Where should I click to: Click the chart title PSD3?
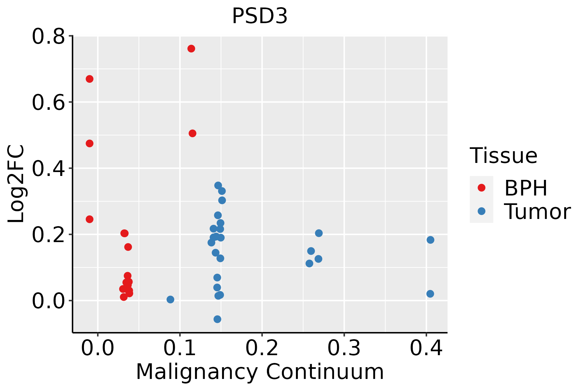pos(260,16)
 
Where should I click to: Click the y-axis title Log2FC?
pos(16,184)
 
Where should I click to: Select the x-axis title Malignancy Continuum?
pos(260,372)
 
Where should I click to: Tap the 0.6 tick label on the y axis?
pos(48,102)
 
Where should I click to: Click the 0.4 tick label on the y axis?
pos(48,168)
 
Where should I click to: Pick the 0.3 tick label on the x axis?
pos(344,348)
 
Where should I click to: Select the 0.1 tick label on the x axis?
pos(180,348)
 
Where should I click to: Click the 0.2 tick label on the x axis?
pos(262,348)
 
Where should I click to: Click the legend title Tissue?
pos(504,156)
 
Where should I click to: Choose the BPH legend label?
pos(526,188)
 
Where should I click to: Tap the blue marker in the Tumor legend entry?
pos(481,211)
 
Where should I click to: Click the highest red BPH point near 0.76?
pos(191,49)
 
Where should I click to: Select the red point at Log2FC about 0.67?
pos(90,79)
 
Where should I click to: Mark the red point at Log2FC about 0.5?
pos(192,133)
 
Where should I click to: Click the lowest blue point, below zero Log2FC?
pos(217,319)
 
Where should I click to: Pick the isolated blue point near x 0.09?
pos(170,299)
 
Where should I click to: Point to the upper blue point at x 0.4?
pos(430,240)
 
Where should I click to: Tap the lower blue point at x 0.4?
pos(430,294)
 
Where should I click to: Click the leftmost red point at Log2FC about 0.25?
pos(90,219)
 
